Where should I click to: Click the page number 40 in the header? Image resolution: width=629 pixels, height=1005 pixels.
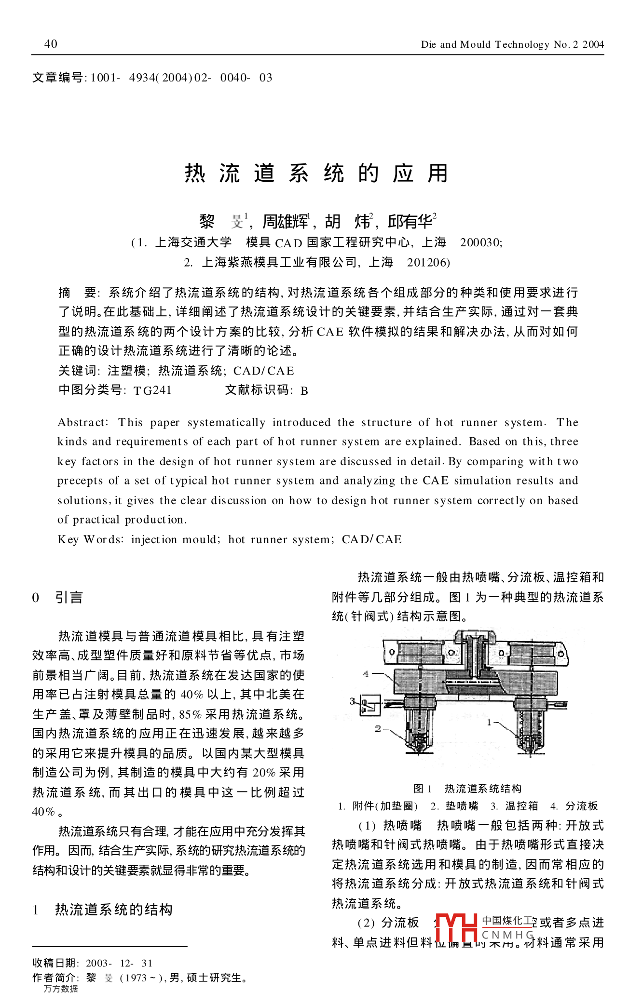[x=51, y=44]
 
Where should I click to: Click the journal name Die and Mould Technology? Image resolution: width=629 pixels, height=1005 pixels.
[x=485, y=45]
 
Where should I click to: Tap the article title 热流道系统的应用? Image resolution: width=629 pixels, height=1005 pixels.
[x=316, y=174]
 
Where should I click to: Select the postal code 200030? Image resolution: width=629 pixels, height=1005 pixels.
[x=480, y=242]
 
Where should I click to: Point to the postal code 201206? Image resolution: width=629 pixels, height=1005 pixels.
[x=428, y=262]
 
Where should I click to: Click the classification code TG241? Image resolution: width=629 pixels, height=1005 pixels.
[x=152, y=390]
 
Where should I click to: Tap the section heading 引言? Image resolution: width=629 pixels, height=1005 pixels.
[x=69, y=598]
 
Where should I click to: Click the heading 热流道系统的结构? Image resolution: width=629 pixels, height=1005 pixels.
[x=114, y=910]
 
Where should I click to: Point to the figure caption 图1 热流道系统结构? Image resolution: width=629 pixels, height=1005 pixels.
[x=467, y=789]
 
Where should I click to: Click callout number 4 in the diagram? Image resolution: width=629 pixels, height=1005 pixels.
[x=366, y=674]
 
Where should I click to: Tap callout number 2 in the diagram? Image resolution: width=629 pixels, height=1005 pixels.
[x=378, y=729]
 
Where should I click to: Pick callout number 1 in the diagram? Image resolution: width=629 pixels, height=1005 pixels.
[x=489, y=722]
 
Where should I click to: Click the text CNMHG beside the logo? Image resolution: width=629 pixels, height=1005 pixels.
[x=508, y=935]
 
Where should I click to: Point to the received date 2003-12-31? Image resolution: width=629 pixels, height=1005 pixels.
[x=119, y=963]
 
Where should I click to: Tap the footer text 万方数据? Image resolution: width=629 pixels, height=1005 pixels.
[x=61, y=989]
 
